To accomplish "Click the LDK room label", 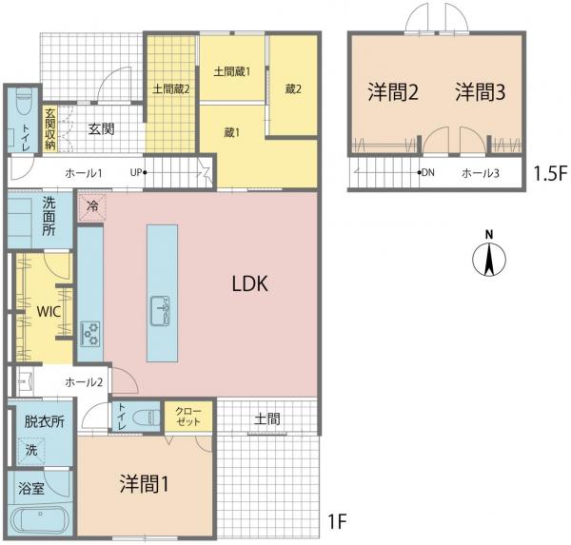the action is click(249, 283).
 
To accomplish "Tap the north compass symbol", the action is click(489, 254).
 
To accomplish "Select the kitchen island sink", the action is click(160, 310).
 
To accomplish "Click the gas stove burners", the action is click(90, 333).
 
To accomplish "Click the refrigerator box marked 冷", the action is click(92, 207).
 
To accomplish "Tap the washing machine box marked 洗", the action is click(31, 451).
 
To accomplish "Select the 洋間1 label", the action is click(145, 484).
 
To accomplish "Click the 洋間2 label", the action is click(393, 91).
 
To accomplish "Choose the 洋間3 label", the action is click(481, 91).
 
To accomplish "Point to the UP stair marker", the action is click(138, 172).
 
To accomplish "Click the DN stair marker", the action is click(426, 172).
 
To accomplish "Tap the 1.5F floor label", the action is click(550, 173).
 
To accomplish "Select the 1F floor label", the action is click(338, 522).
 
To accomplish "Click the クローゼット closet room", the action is click(188, 417).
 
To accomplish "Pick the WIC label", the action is click(49, 312).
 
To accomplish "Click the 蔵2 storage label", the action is click(293, 88).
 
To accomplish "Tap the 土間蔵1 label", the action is click(232, 71).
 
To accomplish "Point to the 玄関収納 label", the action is click(50, 128).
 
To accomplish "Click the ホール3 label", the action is click(481, 173).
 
